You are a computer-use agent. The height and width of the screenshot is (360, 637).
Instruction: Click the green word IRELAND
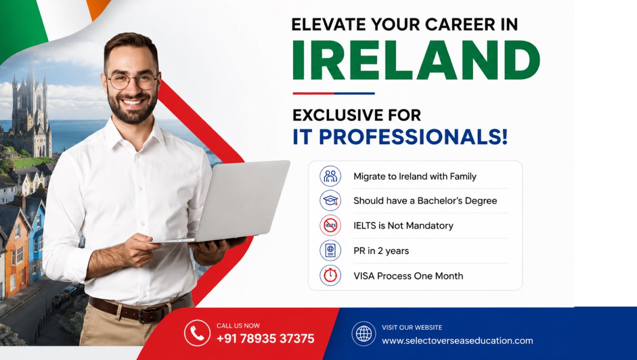tap(416, 60)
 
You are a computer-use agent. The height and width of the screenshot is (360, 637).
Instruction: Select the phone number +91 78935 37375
tap(265, 339)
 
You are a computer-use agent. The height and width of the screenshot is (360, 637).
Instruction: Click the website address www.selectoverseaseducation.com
tap(457, 340)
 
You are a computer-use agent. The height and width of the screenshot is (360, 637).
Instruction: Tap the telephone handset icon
tap(197, 333)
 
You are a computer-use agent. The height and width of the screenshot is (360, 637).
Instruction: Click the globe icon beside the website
tap(364, 334)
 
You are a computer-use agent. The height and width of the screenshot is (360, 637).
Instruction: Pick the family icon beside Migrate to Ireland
tap(330, 176)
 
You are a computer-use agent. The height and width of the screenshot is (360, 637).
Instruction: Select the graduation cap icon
tap(330, 200)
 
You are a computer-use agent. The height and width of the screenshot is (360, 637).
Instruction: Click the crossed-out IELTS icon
tap(330, 225)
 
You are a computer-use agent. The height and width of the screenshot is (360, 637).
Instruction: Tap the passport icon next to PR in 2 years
tap(330, 250)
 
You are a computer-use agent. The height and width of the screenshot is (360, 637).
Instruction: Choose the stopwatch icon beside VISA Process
tap(330, 275)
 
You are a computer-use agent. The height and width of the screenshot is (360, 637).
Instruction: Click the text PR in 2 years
tap(381, 251)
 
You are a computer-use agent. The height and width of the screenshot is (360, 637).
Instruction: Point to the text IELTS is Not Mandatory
tap(403, 225)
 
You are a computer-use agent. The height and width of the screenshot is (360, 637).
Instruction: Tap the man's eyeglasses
tap(132, 81)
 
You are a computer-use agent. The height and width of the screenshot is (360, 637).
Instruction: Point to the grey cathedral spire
tap(30, 94)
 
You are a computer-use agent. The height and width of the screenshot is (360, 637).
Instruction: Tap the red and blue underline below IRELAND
tap(334, 93)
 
